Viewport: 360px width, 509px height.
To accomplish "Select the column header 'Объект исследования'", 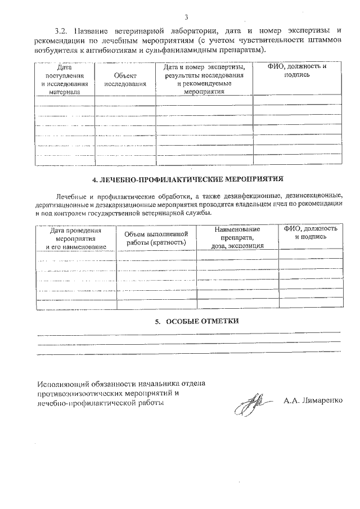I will click(x=125, y=79).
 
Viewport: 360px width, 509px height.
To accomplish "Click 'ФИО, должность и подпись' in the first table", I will click(x=297, y=70).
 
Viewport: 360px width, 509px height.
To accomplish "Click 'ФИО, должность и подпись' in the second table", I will click(x=310, y=233).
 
